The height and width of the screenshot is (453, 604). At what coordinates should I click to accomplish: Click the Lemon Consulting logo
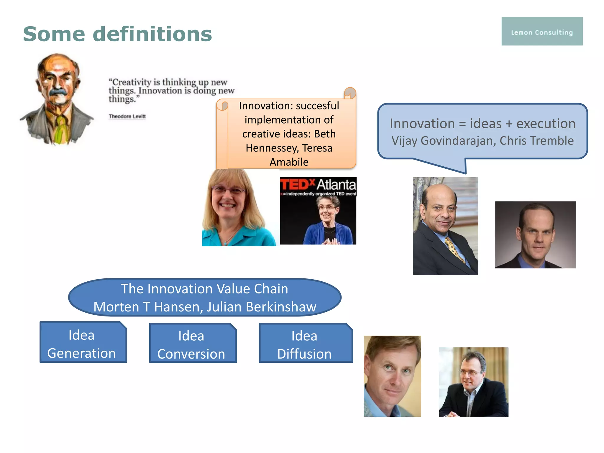[542, 32]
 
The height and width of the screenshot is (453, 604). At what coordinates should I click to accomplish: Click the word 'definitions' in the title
[152, 34]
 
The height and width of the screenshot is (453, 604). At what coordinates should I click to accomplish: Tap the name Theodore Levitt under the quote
[127, 116]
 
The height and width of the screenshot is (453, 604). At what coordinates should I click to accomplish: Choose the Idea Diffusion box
[305, 344]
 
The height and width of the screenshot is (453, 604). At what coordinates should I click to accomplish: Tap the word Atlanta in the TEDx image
[336, 185]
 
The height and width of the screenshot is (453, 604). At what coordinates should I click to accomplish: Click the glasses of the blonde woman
[228, 190]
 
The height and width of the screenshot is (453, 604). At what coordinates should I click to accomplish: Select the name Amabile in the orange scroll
[289, 162]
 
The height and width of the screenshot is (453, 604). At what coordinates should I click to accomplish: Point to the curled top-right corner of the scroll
[350, 93]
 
